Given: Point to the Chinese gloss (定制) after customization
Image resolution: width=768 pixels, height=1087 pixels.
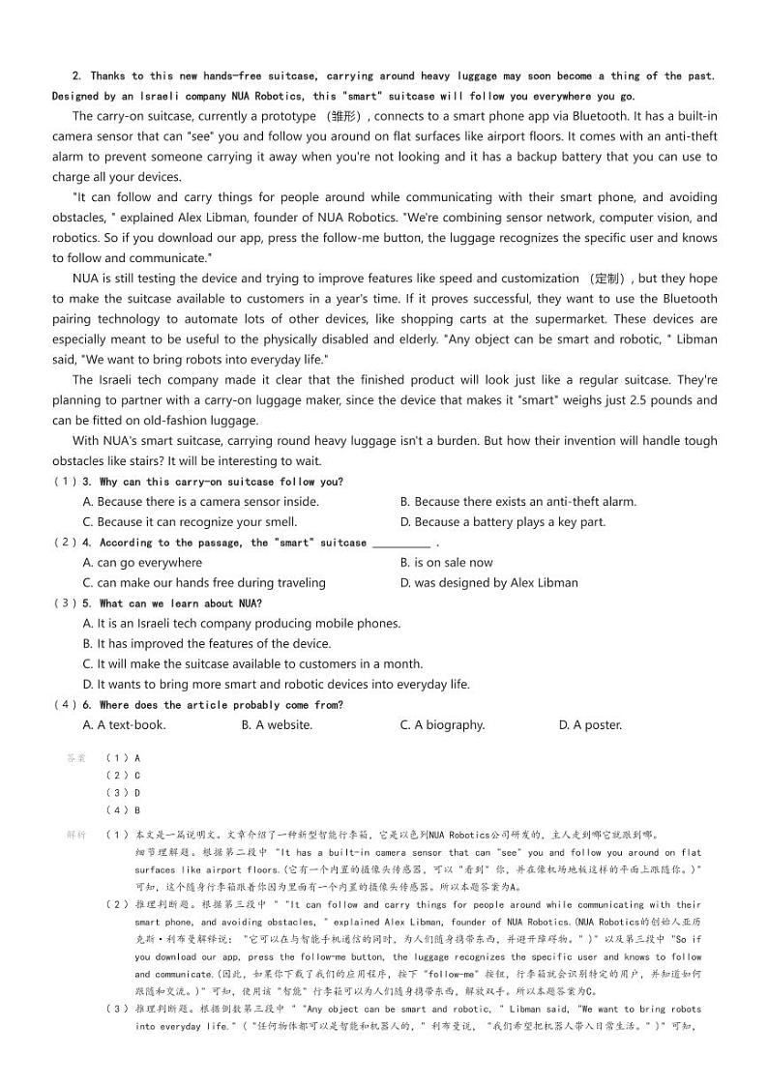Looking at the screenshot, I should pyautogui.click(x=610, y=279).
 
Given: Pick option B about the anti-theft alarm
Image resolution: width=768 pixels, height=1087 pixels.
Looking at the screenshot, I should pyautogui.click(x=517, y=502).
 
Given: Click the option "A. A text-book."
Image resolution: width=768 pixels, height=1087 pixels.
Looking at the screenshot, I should pyautogui.click(x=124, y=725).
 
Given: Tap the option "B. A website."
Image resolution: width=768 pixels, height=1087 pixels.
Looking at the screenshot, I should pyautogui.click(x=277, y=725).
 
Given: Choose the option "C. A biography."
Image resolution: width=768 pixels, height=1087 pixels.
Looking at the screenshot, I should pyautogui.click(x=442, y=725).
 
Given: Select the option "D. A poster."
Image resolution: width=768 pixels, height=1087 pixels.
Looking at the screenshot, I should pyautogui.click(x=590, y=725).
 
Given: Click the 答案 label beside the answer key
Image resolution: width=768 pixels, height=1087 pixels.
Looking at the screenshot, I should pyautogui.click(x=76, y=759).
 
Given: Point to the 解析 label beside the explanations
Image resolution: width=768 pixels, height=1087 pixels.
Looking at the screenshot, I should pyautogui.click(x=76, y=835).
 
